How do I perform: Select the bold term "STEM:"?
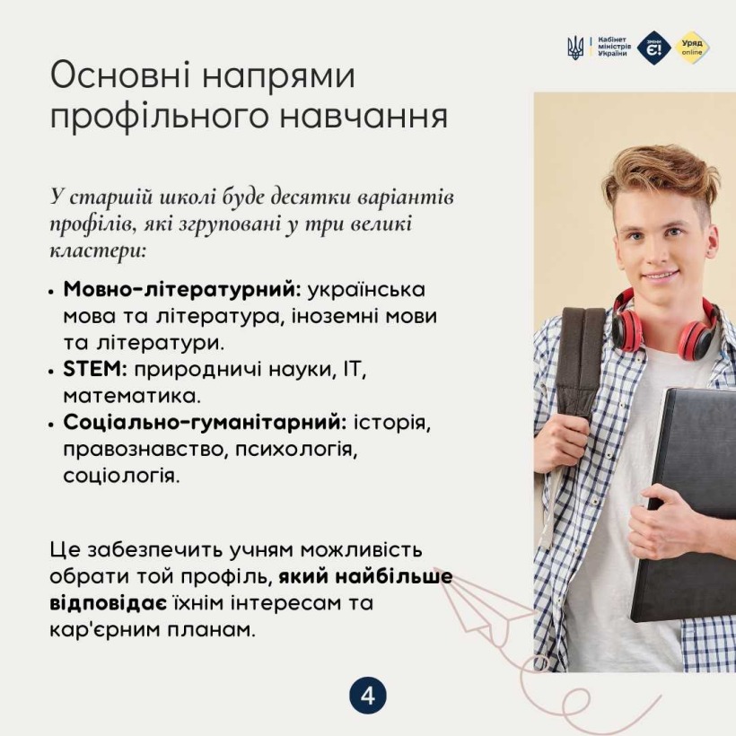95,369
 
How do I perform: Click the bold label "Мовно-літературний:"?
182,289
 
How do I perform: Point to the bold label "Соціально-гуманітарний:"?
205,423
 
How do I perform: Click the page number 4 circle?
368,696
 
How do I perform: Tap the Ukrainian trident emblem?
575,48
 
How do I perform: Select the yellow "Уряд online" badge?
692,48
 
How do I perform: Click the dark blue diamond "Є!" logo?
653,48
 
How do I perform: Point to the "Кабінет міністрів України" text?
614,47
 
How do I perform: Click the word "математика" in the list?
132,397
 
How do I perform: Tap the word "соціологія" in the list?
121,476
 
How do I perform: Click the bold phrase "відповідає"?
108,603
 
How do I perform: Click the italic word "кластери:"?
98,250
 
